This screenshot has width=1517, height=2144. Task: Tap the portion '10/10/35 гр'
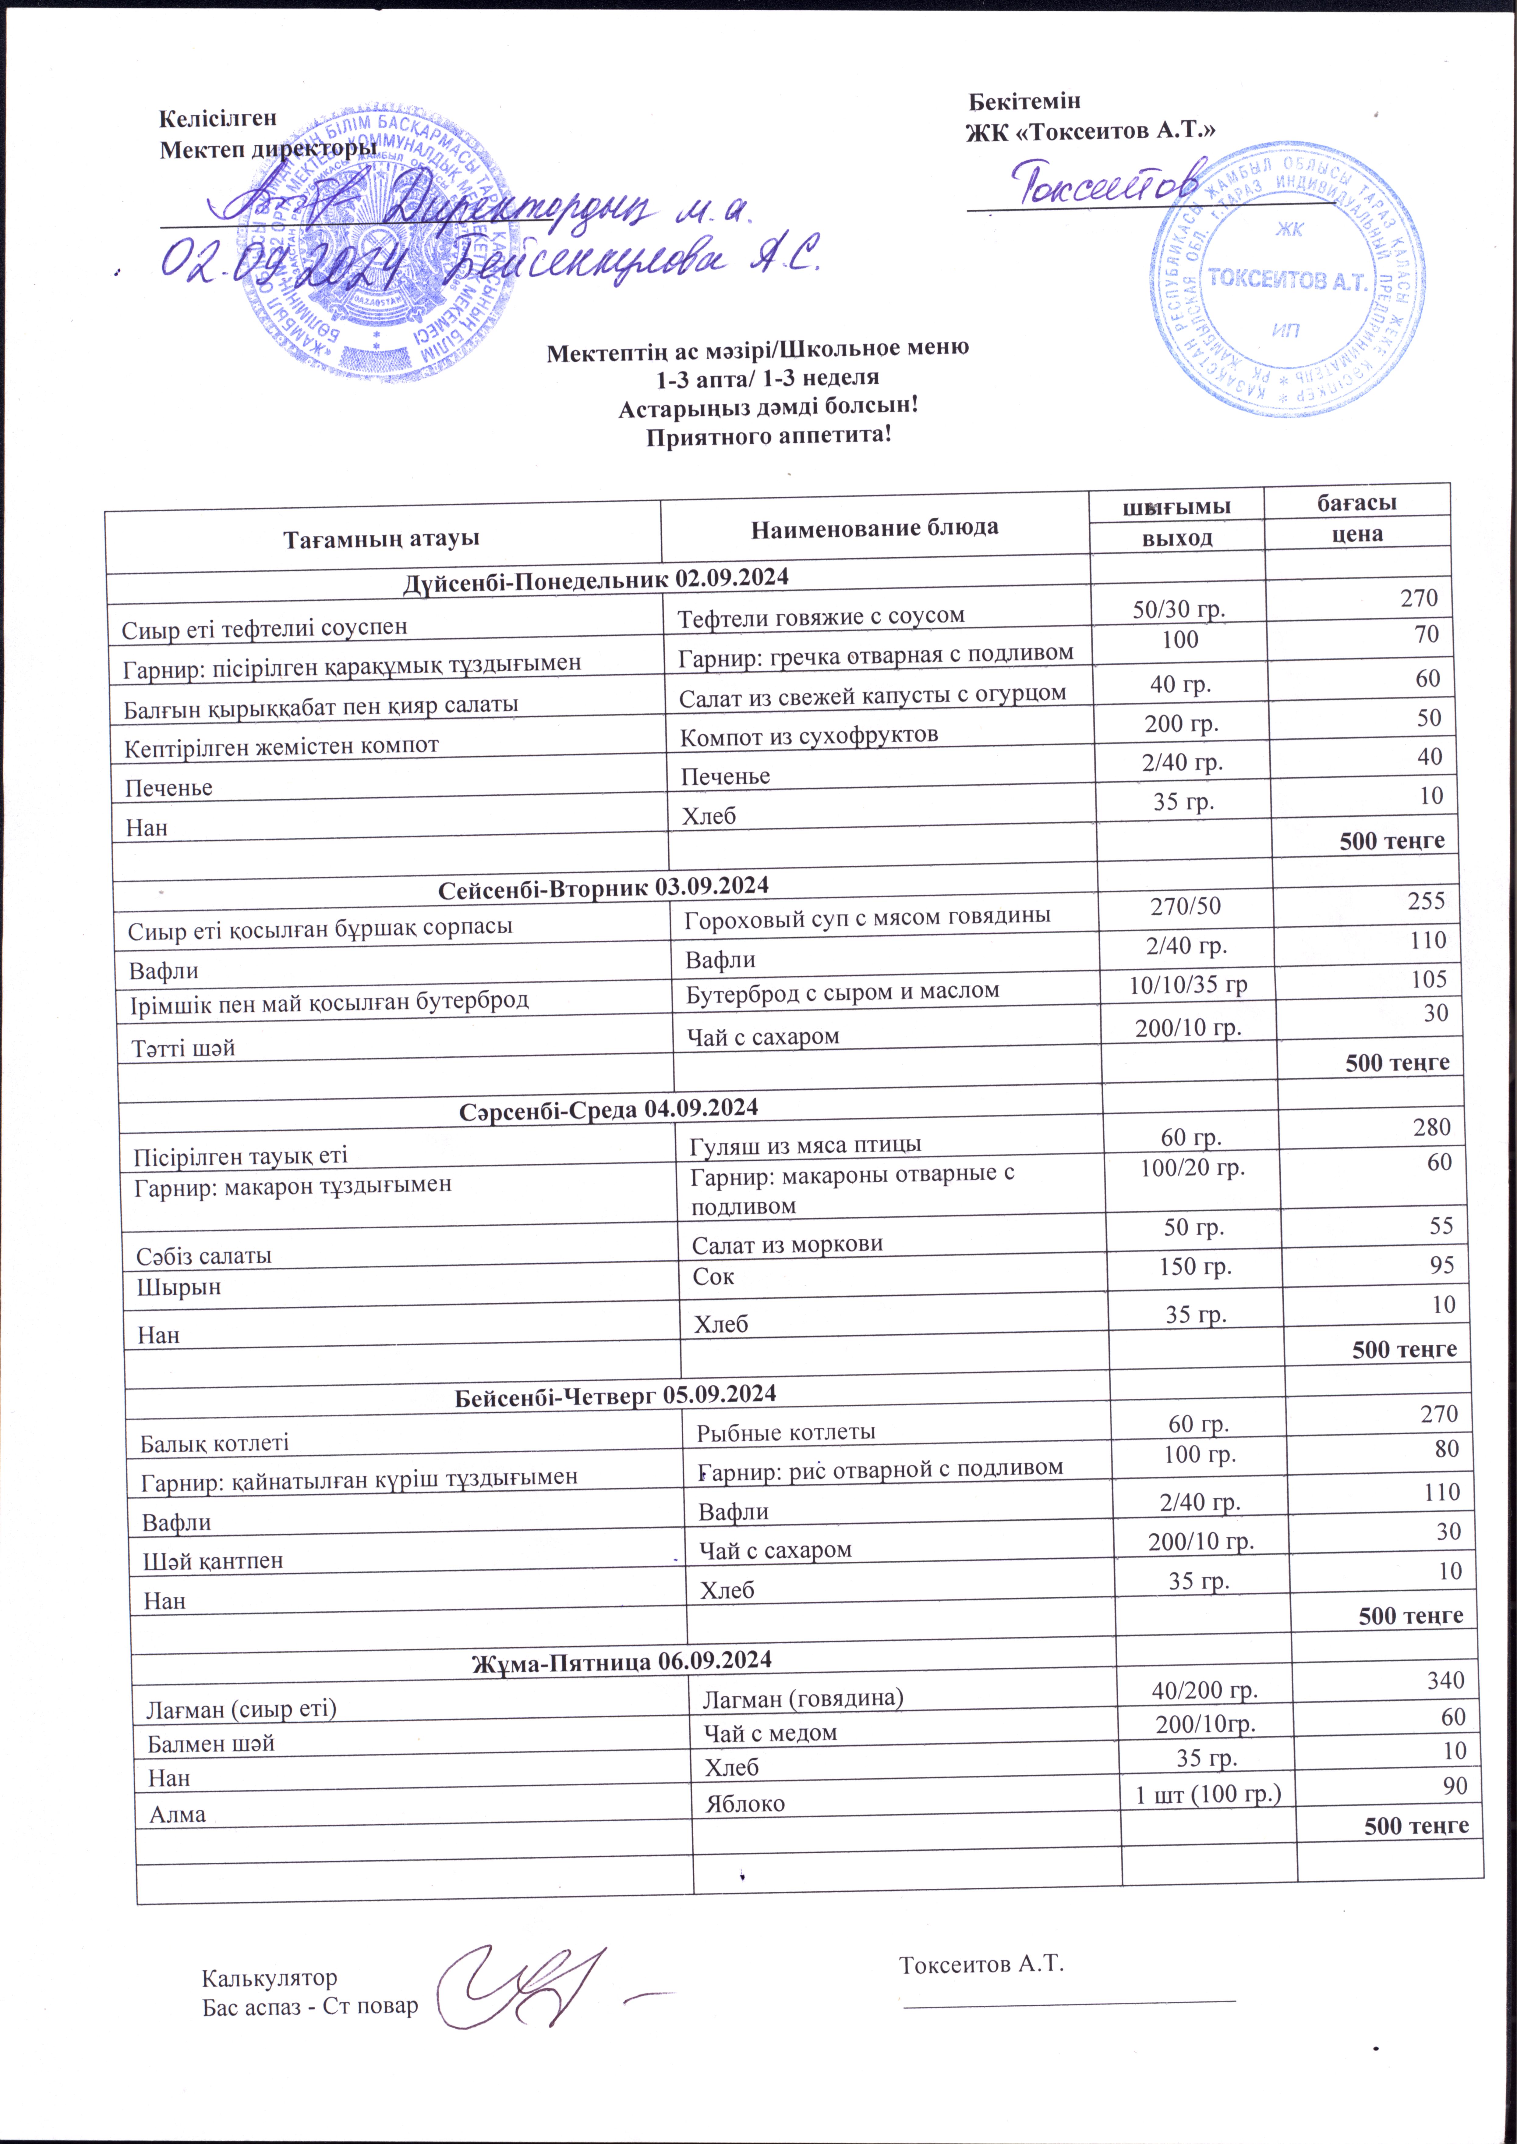(x=1188, y=985)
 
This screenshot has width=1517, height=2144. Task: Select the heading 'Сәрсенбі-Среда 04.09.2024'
(x=608, y=1109)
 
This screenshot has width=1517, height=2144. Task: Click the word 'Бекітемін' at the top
(x=1024, y=101)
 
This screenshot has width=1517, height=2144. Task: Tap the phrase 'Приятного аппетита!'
(x=769, y=436)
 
